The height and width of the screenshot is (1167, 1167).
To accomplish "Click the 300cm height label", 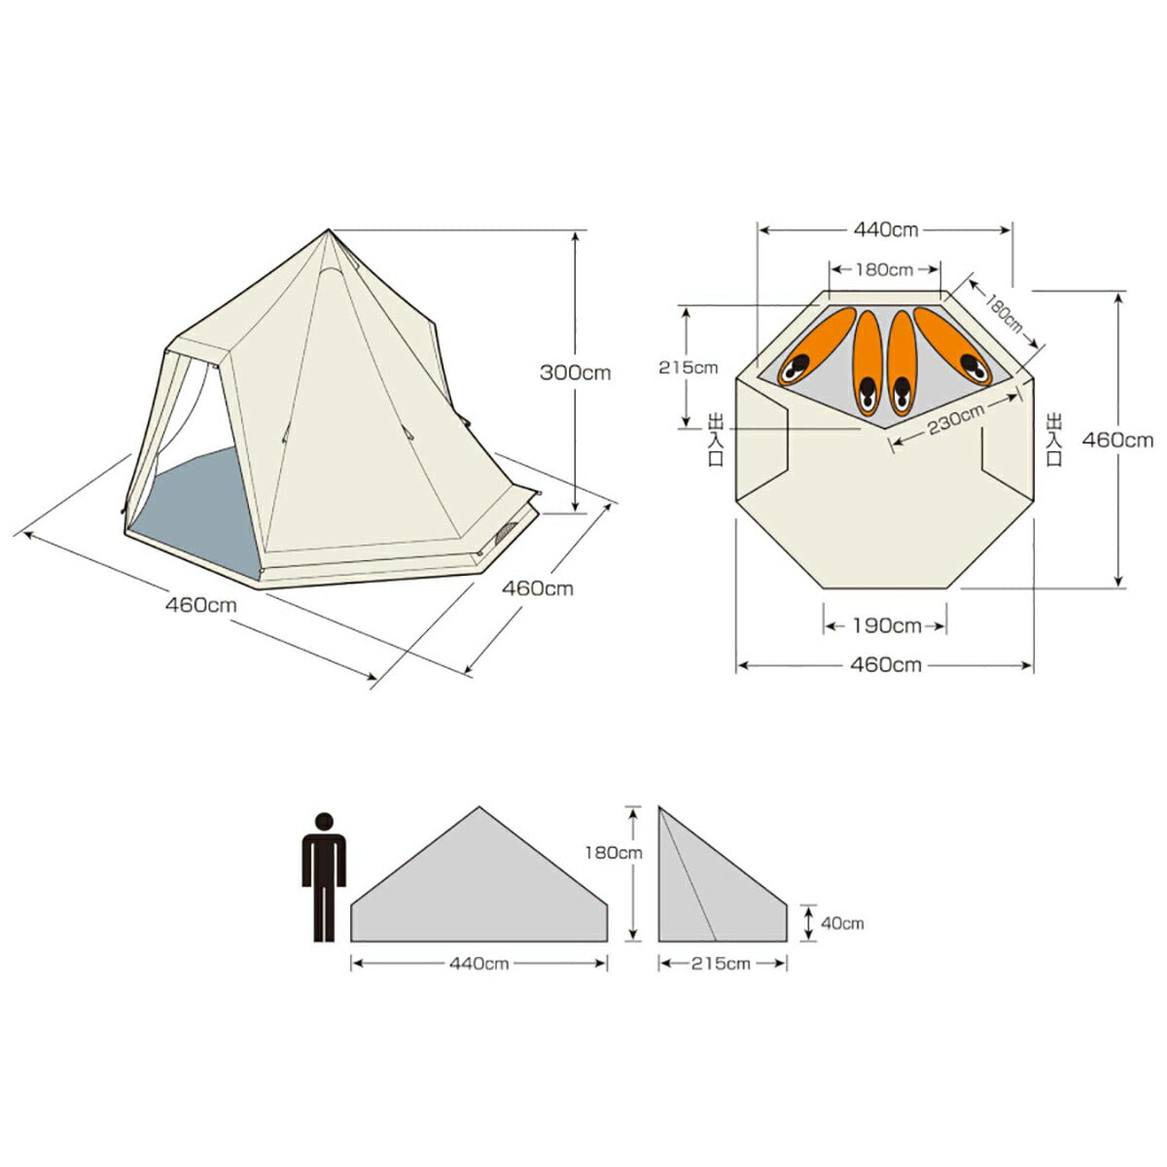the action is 576,372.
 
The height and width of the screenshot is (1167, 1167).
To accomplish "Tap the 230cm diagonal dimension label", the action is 956,418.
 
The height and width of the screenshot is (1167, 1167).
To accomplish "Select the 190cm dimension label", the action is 887,625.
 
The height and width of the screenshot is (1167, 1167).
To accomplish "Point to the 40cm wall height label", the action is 842,923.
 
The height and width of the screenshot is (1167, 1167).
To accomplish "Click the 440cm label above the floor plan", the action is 885,230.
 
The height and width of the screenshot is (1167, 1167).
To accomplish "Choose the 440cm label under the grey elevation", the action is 478,964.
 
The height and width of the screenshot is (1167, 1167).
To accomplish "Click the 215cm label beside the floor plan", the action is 688,368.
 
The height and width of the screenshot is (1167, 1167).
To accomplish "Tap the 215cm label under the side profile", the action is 721,964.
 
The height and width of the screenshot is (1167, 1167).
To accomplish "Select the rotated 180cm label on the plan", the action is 1003,313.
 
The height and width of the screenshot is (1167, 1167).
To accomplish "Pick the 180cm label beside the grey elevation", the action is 614,853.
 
